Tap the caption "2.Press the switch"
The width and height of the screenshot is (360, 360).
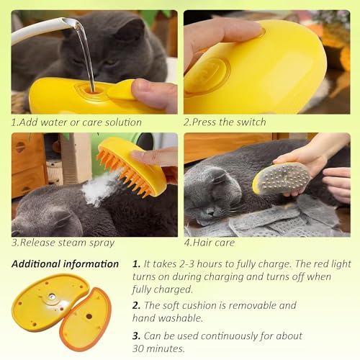coord(225,122)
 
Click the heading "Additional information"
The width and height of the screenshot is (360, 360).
coord(65,264)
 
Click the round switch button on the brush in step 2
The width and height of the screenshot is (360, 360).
coord(207,73)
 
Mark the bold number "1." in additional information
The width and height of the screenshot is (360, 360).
coord(136,264)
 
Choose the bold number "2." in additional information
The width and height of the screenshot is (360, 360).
coord(136,305)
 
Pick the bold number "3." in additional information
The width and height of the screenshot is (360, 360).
coord(136,336)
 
